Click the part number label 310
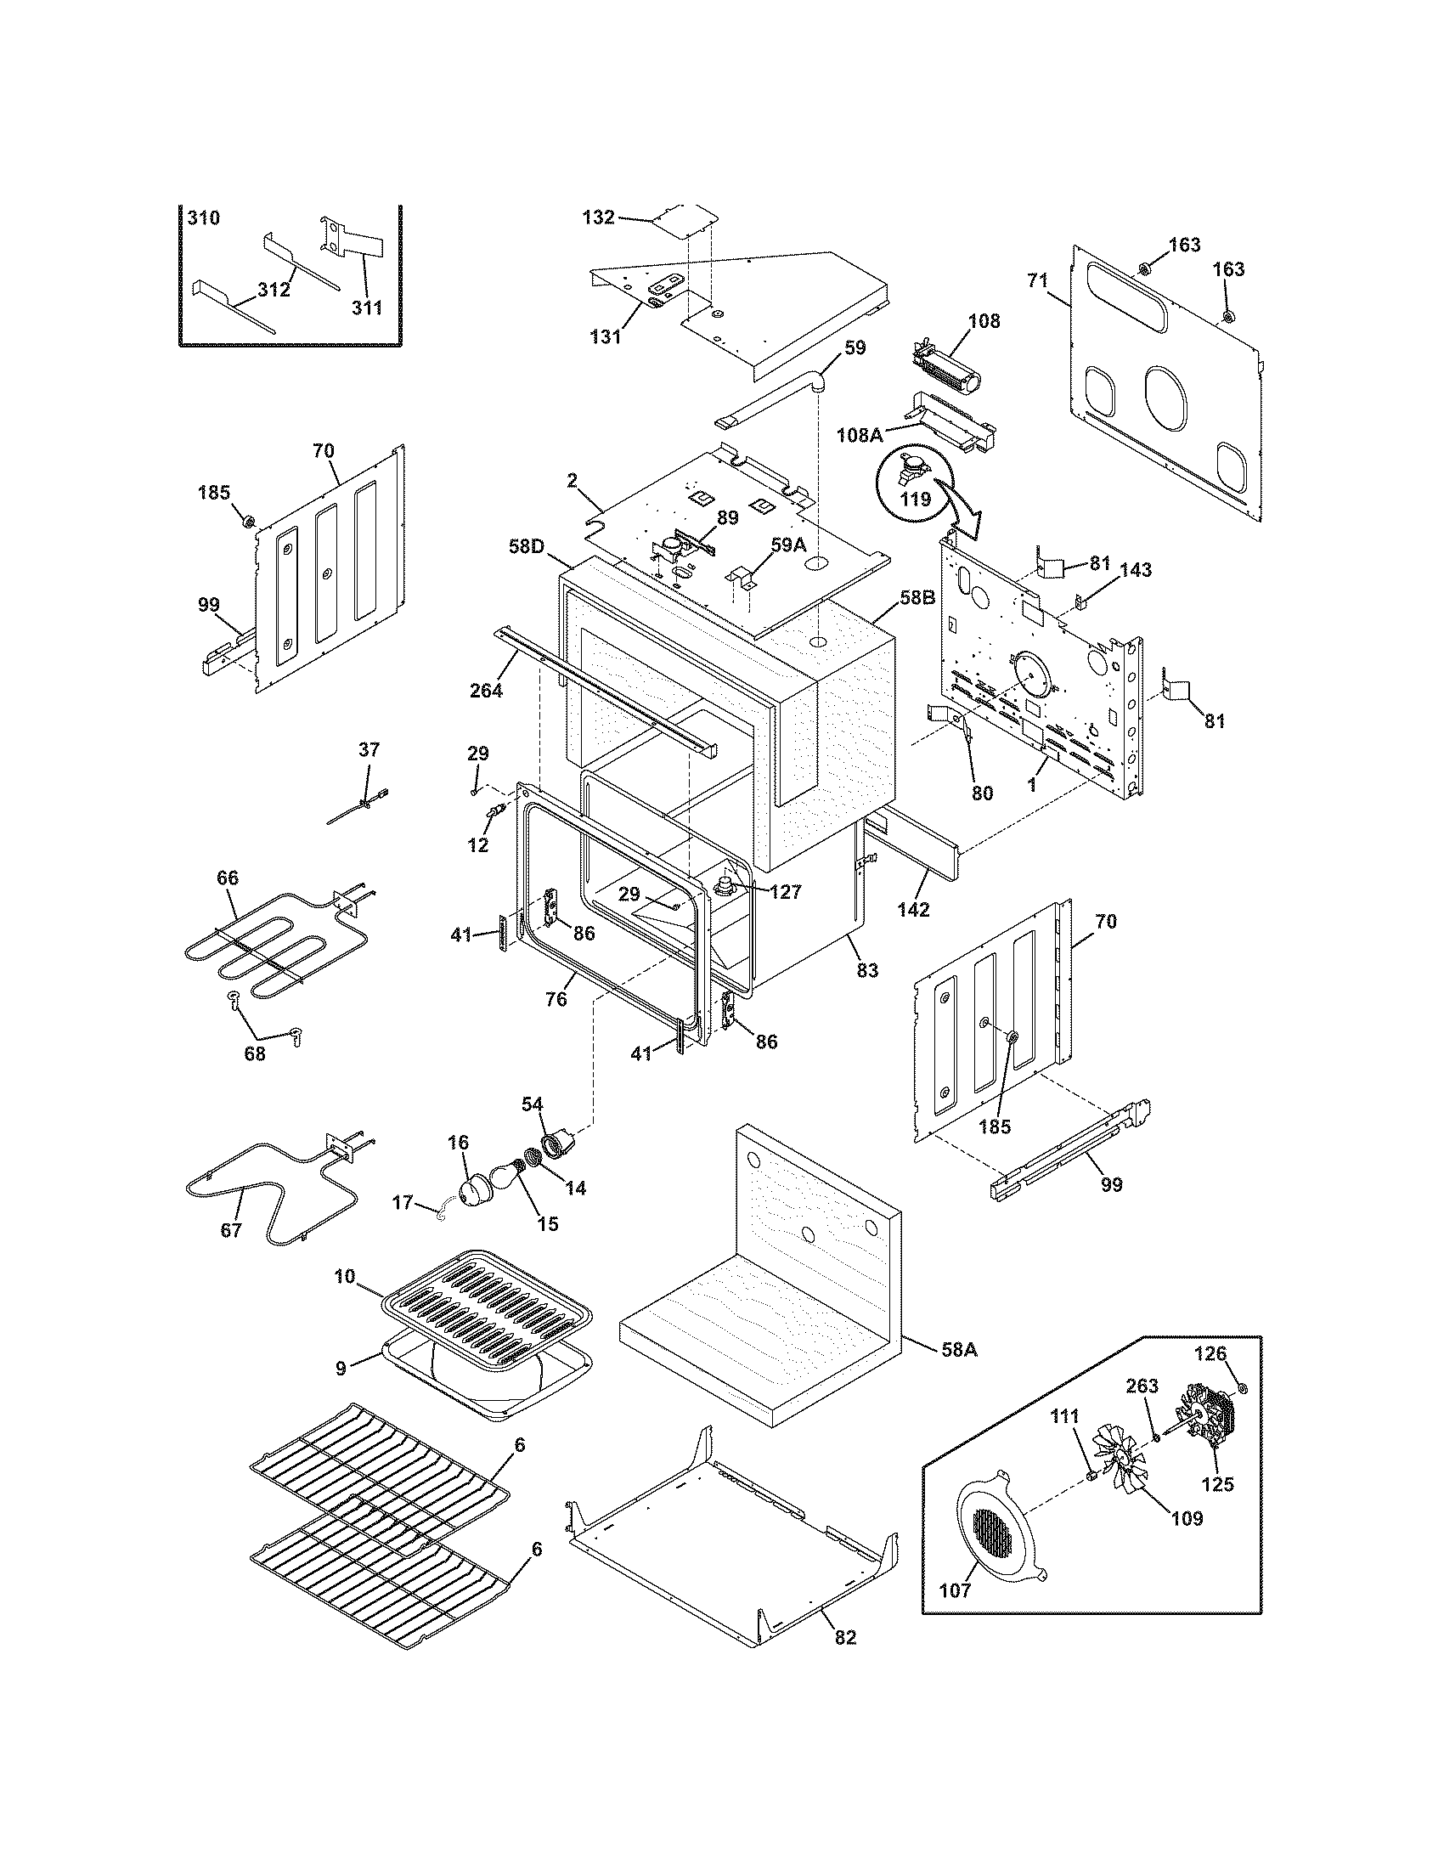204,217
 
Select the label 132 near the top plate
598,217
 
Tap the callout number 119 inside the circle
916,498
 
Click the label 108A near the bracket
860,435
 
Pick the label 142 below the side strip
913,910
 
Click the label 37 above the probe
369,749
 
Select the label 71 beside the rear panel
1037,280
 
